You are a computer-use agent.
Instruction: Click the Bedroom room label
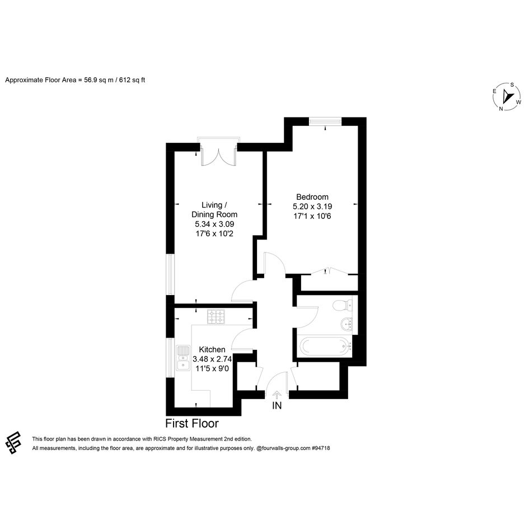tap(312, 197)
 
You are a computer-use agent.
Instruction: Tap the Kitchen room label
tap(212, 349)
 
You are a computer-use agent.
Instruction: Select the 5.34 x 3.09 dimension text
tap(214, 224)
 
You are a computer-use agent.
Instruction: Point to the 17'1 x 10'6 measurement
tap(312, 216)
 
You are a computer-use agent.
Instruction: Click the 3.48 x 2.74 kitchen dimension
tap(212, 359)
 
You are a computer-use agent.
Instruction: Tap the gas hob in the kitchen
tap(216, 317)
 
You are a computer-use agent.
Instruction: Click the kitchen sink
tap(183, 358)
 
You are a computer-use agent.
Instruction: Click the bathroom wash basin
tap(346, 325)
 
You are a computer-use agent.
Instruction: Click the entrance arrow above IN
tap(277, 395)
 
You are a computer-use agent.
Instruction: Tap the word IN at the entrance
tap(277, 405)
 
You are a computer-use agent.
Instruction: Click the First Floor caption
tap(192, 423)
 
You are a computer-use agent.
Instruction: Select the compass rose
tap(507, 96)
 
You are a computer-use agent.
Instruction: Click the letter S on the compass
tap(512, 85)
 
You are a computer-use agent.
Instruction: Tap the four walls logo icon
tap(13, 443)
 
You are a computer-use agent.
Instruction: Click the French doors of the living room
tap(219, 156)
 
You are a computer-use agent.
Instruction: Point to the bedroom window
tap(325, 121)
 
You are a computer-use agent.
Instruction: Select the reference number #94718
tap(321, 448)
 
